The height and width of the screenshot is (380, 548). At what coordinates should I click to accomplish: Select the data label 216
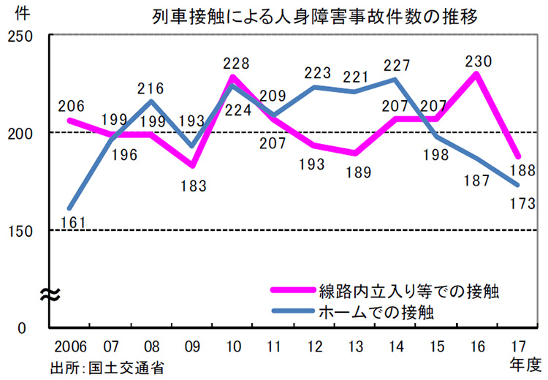pos(150,89)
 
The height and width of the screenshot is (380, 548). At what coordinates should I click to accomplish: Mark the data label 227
pos(395,65)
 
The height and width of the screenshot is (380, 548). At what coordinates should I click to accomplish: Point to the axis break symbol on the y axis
pos(49,294)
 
